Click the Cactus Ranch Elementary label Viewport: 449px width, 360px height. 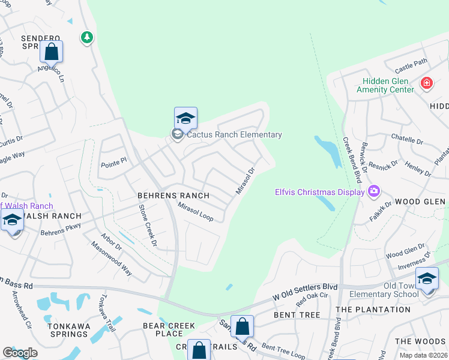(234, 134)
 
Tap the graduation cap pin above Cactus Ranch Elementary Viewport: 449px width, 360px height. (185, 118)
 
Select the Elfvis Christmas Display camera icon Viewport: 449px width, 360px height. (375, 191)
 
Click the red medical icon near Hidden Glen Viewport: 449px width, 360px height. (427, 83)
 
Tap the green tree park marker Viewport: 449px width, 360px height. (88, 38)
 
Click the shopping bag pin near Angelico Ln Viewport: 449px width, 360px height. (52, 52)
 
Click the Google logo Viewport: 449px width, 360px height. (20, 352)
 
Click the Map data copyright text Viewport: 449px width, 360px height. (423, 355)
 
